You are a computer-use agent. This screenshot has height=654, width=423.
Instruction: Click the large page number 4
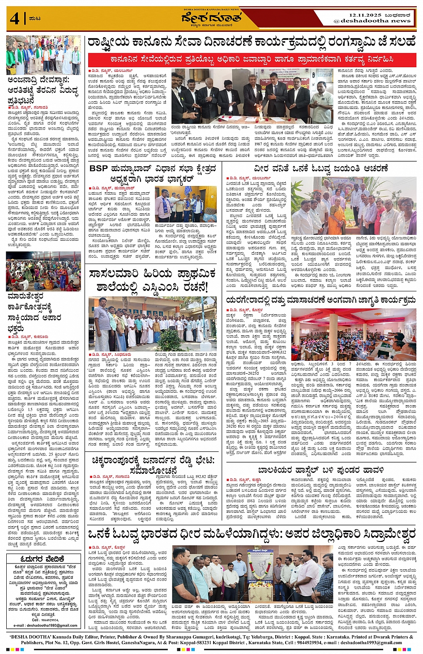pos(15,19)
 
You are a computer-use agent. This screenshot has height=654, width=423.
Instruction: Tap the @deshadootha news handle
pos(372,21)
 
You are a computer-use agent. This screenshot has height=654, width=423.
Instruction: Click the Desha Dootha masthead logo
pos(211,18)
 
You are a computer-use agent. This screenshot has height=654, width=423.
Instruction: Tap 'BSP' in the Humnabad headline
pos(98,169)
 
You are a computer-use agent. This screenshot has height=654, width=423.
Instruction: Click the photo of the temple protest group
pos(43,55)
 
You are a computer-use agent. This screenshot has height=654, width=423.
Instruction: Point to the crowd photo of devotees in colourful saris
pos(43,271)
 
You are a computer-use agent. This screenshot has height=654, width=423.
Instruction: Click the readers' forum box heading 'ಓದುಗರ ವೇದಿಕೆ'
pos(43,559)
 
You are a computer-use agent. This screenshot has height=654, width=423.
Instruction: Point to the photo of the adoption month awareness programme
pos(354,334)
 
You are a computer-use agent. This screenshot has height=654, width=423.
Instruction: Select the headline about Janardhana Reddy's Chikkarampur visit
pos(153,465)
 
